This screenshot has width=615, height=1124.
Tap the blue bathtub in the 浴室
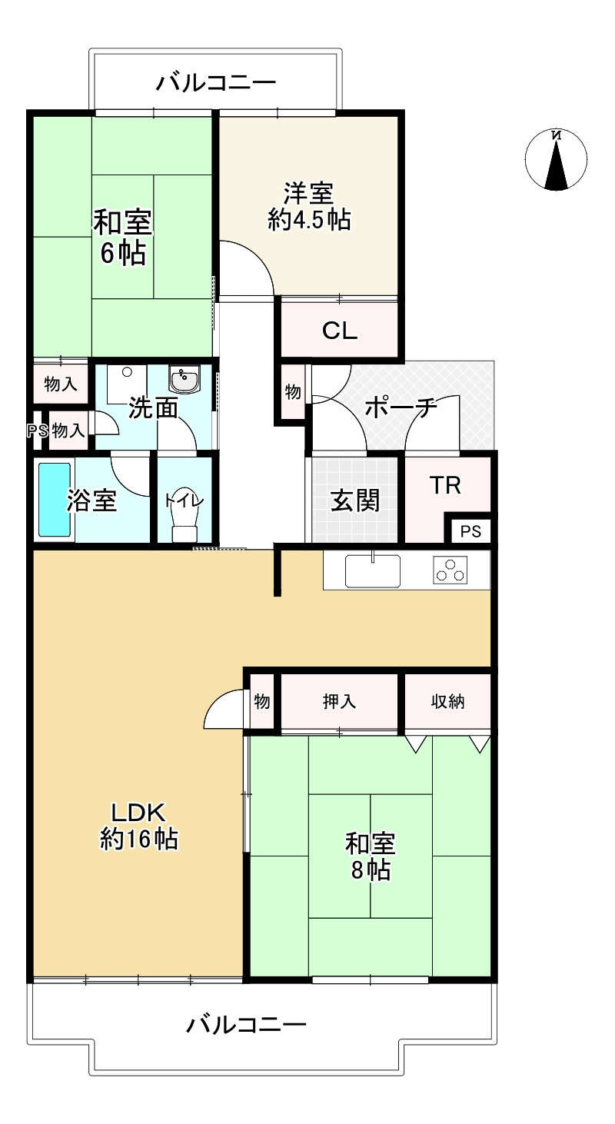[x=55, y=500]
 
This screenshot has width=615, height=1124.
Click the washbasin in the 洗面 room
[x=184, y=380]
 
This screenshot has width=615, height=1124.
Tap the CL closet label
[x=339, y=331]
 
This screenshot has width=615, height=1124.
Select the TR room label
[x=445, y=486]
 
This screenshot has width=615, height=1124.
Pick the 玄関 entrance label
[x=355, y=501]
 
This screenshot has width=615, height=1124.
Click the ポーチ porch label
[x=401, y=407]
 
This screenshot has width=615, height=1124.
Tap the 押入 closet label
[x=339, y=701]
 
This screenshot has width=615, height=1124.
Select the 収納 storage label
[x=447, y=701]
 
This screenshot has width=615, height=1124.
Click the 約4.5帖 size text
[x=309, y=221]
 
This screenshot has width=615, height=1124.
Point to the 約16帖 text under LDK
[x=139, y=839]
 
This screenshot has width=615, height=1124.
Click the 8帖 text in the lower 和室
[x=370, y=870]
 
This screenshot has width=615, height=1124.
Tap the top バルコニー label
[x=216, y=82]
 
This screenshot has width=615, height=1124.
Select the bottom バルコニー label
[x=247, y=1024]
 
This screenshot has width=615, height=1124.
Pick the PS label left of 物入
[x=38, y=431]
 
